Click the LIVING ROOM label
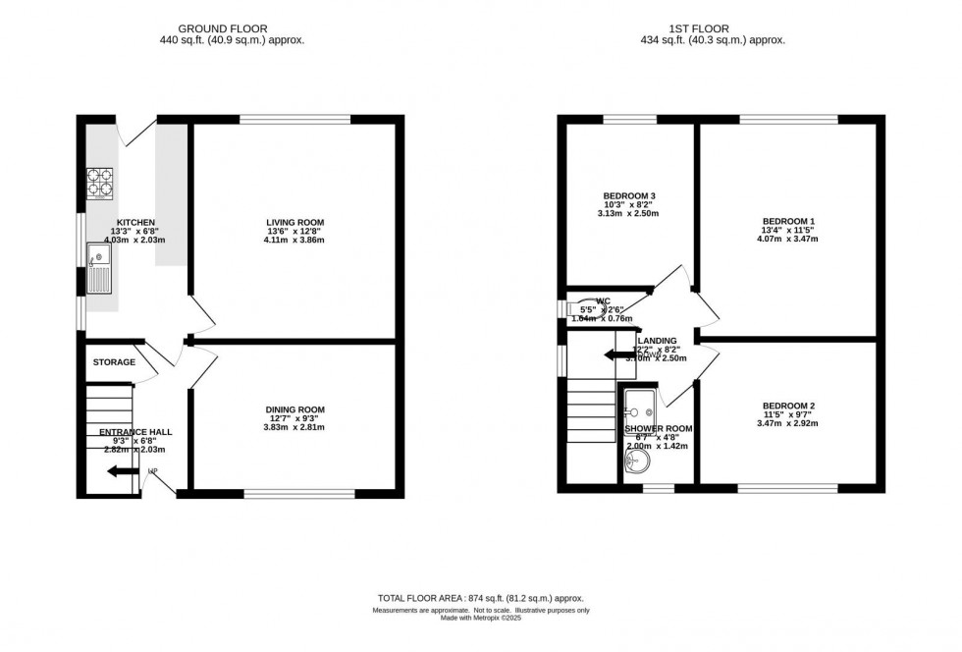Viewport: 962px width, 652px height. coord(294,222)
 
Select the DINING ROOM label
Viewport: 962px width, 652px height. coord(294,409)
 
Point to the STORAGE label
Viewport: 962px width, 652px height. coord(114,362)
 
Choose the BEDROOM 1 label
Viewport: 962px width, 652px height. coord(787,221)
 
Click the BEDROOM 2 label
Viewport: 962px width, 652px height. coord(787,406)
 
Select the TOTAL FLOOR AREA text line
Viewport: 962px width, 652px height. coord(481,598)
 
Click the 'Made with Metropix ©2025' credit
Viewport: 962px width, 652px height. coord(481,618)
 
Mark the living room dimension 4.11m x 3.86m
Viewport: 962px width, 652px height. coord(294,241)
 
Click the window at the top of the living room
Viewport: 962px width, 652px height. coord(294,120)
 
